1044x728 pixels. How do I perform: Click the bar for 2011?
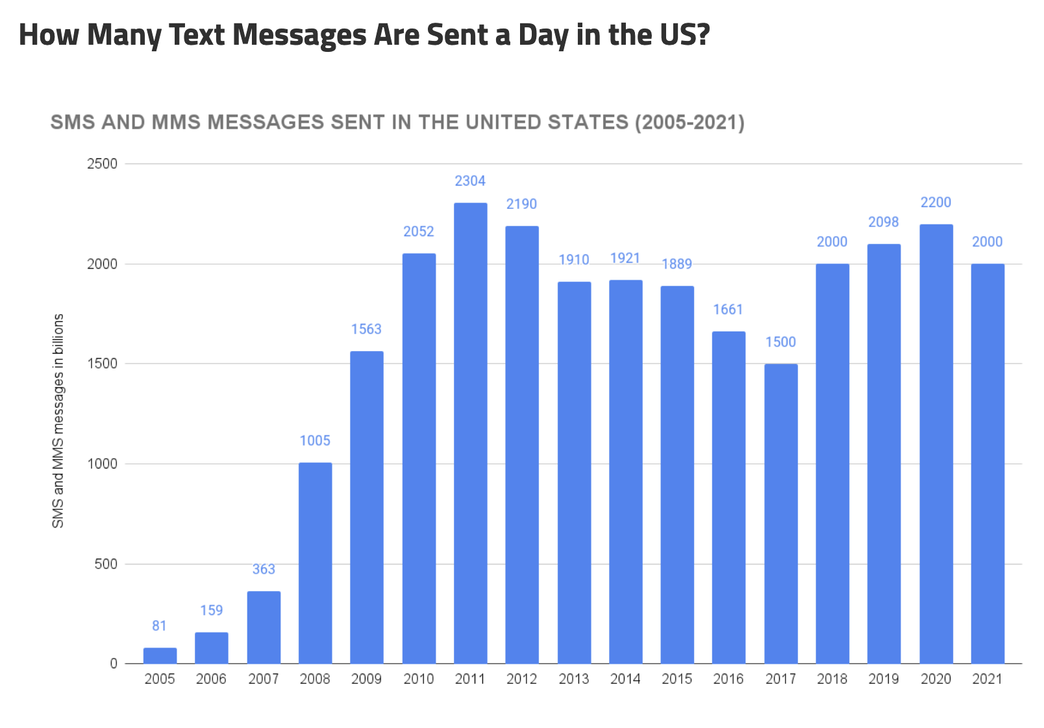(470, 433)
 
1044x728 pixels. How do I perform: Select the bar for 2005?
(160, 655)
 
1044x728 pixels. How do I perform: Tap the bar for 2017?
(780, 513)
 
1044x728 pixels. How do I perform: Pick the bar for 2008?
(315, 563)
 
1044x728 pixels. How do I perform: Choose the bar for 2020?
(936, 444)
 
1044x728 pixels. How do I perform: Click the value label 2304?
(470, 181)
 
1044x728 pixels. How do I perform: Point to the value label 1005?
(315, 441)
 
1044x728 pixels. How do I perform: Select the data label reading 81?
(159, 625)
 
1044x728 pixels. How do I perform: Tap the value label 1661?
(728, 309)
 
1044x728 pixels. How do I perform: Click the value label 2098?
(884, 222)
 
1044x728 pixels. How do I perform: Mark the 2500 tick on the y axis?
(102, 164)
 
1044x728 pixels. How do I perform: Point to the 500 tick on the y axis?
(106, 564)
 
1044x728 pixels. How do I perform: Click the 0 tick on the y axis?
(114, 663)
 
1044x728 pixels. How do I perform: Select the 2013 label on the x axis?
(574, 679)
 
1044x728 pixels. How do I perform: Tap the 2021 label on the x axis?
(987, 679)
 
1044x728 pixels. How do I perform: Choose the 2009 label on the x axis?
(366, 679)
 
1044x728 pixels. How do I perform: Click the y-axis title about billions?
(58, 420)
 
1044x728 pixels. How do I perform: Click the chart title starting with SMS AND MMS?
(397, 122)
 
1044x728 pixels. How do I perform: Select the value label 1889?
(677, 264)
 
